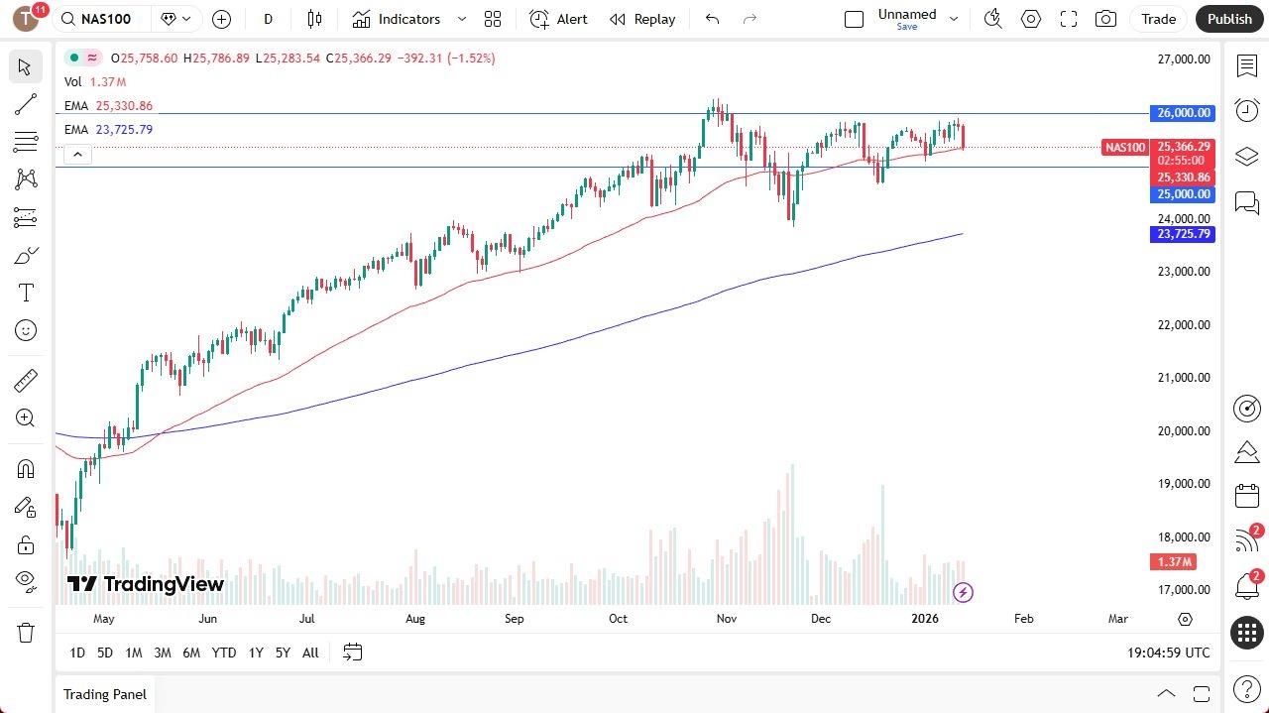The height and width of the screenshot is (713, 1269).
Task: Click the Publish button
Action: point(1229,19)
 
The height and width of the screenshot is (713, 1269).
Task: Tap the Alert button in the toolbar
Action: point(558,19)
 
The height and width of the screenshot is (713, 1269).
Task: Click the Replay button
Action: point(642,19)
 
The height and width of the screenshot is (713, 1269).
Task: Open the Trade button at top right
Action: point(1157,19)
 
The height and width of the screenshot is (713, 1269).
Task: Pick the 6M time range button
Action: point(191,653)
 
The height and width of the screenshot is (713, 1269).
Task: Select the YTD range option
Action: point(224,653)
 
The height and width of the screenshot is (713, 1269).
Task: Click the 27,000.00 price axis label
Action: point(1184,59)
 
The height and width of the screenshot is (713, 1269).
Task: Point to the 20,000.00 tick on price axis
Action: point(1184,431)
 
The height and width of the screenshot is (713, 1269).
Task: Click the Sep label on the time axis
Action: point(514,619)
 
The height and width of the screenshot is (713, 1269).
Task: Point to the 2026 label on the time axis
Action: point(924,619)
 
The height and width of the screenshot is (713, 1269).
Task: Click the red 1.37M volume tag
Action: point(1174,562)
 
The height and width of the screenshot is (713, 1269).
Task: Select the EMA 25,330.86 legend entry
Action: point(109,106)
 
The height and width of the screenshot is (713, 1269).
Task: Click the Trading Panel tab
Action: point(105,694)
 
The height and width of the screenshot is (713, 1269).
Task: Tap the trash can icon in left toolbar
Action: point(26,633)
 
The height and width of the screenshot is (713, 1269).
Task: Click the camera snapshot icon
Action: point(1105,19)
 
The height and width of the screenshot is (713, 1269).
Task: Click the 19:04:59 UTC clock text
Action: point(1168,653)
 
